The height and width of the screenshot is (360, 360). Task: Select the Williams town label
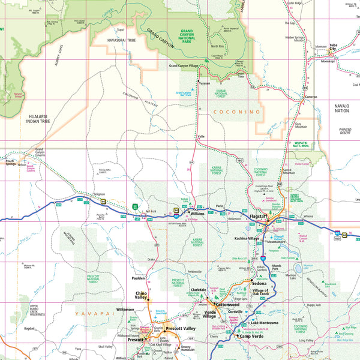pos(197,213)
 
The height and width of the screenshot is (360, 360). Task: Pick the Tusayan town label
pos(205,84)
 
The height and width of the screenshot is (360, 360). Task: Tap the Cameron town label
pos(311,97)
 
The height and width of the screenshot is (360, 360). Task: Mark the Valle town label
pos(202,137)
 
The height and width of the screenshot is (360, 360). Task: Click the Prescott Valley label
pos(181,329)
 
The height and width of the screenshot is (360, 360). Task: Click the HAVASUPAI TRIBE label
pos(113,41)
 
